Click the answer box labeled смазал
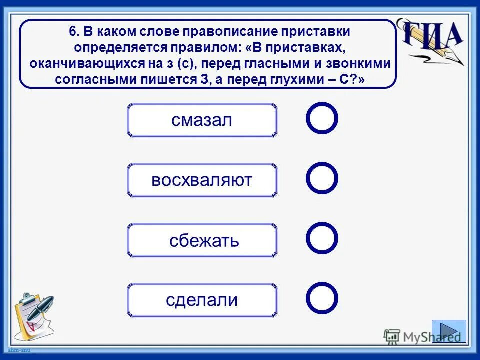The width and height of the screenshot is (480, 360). pos(202,120)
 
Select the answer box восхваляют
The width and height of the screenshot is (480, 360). pos(202,180)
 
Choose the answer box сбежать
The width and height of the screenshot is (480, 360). pos(202,240)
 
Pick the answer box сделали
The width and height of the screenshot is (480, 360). pos(202,300)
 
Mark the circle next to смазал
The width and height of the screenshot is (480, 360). pos(322,118)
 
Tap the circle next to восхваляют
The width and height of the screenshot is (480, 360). pos(322,178)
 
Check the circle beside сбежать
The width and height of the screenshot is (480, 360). pos(322,238)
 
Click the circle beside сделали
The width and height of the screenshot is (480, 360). pos(322,298)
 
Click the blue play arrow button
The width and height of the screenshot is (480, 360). pos(449,331)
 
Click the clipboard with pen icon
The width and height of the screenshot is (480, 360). pos(33,315)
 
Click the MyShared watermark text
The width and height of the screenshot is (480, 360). pos(423,337)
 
